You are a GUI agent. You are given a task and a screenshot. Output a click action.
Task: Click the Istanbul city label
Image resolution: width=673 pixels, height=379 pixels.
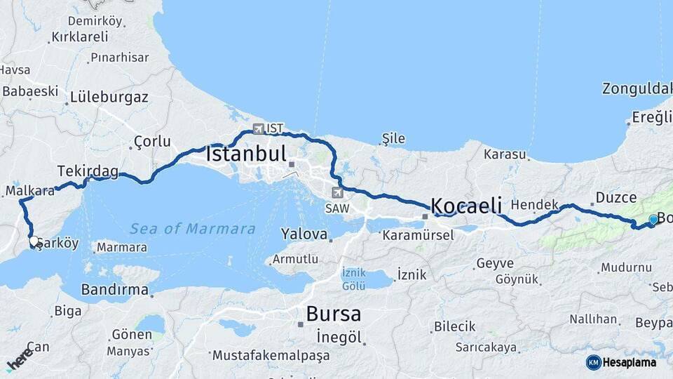click(246, 154)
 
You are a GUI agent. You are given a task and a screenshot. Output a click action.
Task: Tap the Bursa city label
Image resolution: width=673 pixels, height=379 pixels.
click(334, 313)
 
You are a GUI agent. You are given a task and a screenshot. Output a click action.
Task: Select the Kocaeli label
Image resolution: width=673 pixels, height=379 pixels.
click(466, 206)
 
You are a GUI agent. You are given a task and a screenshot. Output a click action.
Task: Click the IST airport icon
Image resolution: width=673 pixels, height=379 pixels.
click(259, 129)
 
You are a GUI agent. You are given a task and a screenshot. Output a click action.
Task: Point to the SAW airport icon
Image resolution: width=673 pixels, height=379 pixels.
click(339, 192)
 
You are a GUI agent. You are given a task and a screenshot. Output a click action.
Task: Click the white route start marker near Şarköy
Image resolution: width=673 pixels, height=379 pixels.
click(34, 241)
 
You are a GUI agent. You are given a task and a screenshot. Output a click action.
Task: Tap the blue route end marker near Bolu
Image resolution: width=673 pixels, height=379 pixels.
click(653, 220)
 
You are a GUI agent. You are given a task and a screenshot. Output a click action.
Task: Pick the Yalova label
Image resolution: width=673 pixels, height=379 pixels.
click(304, 234)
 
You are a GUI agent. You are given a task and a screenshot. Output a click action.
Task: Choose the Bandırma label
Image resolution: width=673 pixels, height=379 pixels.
click(114, 289)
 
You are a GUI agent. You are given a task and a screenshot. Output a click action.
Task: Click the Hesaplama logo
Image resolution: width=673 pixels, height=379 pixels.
click(623, 362)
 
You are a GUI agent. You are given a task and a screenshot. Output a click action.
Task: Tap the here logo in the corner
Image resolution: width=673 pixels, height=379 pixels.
click(20, 359)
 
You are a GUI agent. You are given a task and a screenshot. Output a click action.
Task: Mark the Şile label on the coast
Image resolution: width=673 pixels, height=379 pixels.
click(393, 139)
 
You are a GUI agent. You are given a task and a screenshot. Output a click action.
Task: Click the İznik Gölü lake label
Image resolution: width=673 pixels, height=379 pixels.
click(353, 279)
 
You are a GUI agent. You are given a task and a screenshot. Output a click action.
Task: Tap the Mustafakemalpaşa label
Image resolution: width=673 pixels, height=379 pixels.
click(271, 356)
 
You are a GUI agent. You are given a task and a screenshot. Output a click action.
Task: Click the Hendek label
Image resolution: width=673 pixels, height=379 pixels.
click(534, 204)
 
